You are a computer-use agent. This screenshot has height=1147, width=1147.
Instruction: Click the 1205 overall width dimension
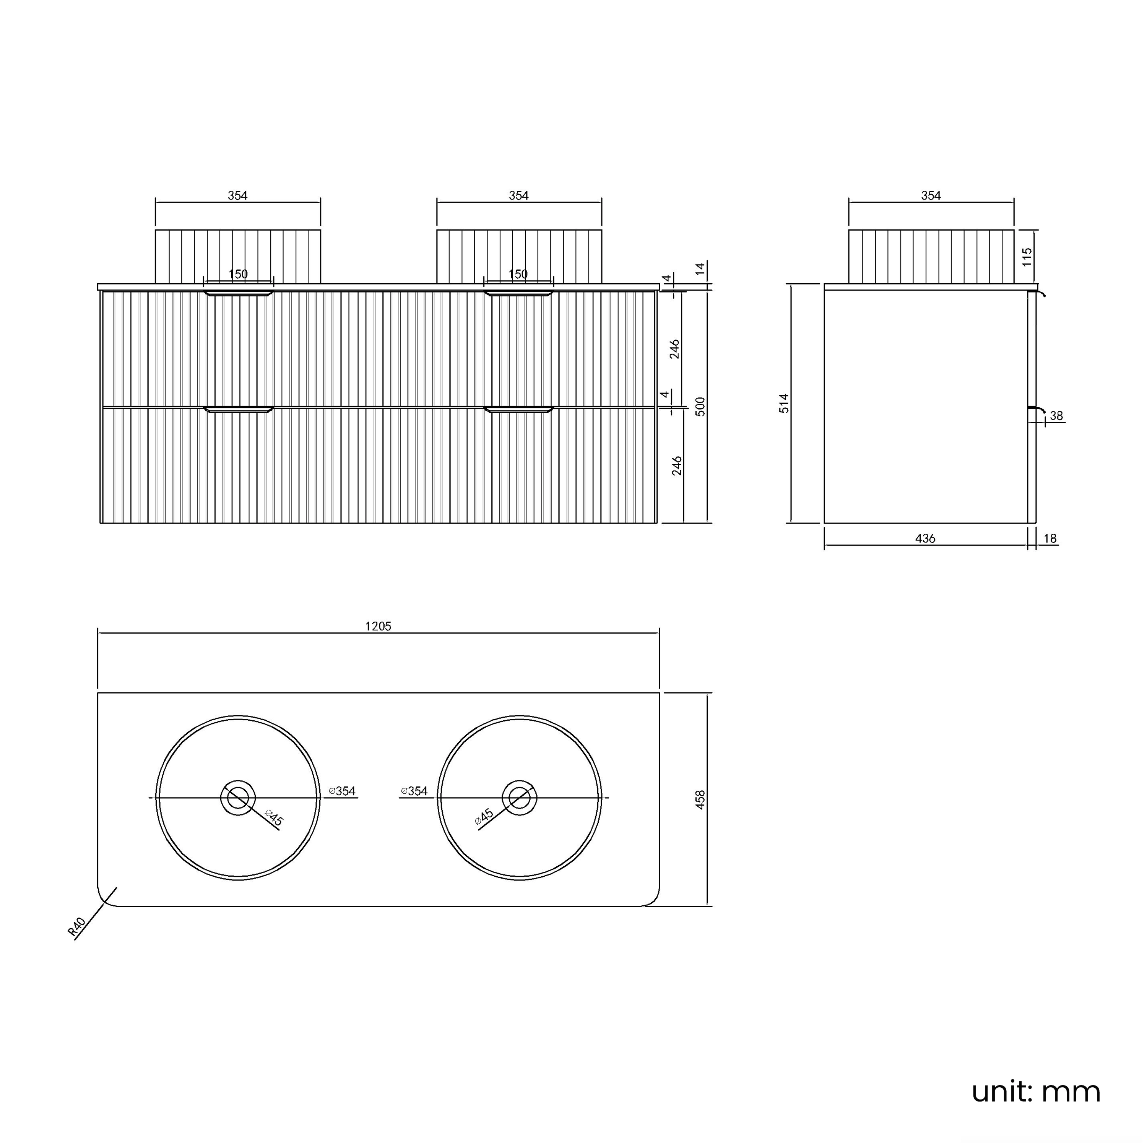tap(378, 626)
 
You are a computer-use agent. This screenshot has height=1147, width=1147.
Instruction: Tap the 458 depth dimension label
tap(700, 799)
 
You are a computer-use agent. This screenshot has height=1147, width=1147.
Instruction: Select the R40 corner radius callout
tap(77, 927)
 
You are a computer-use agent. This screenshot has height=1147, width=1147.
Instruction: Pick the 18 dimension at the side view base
tap(1050, 538)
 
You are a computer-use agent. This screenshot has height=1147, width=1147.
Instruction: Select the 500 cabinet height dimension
tap(700, 407)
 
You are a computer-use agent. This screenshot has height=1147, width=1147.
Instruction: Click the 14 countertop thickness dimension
tap(700, 268)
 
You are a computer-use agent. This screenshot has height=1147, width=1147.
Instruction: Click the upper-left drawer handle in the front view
tap(238, 293)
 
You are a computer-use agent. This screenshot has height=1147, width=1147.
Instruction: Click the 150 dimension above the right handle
tap(518, 274)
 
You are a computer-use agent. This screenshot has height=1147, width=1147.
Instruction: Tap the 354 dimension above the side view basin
tap(931, 195)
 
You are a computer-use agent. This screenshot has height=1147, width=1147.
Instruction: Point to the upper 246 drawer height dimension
tap(675, 349)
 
